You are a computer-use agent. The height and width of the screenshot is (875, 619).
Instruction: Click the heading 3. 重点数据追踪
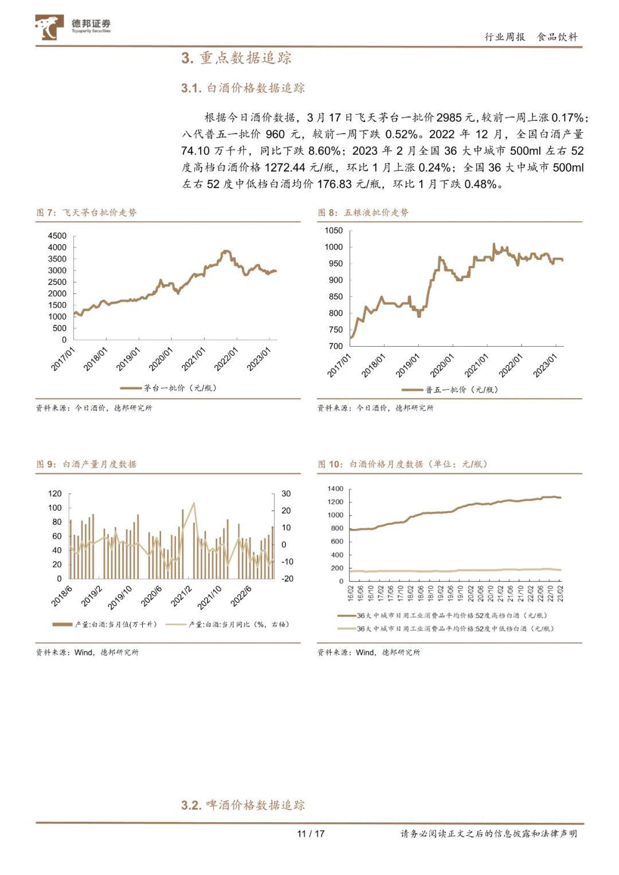pos(236,58)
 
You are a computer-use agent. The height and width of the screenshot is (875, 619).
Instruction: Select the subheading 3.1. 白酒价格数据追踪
pos(243,88)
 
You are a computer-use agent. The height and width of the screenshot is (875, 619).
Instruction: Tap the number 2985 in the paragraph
pos(448,117)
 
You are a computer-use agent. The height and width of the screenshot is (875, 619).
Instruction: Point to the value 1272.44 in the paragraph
pos(285,167)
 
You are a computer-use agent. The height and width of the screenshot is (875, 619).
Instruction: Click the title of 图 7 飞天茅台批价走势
pos(87,213)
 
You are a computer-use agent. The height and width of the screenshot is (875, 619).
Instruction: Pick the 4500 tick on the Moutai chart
pos(57,236)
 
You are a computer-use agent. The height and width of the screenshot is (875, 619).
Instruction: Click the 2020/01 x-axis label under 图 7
pos(160,359)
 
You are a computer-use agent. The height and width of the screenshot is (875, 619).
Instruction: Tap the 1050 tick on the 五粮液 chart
pos(334,230)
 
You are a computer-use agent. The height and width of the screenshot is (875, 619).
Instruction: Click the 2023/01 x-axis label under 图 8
pos(545,365)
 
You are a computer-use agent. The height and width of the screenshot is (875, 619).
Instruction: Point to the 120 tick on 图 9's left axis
pos(55,494)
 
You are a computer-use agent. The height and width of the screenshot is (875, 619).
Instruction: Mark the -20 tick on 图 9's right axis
pos(287,579)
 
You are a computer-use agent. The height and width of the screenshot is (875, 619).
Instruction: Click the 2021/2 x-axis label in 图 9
pos(182,597)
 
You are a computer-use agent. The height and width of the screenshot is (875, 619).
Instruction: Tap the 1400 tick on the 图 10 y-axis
pos(335,489)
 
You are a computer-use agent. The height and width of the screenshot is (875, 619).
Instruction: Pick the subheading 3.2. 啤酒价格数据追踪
pos(243,805)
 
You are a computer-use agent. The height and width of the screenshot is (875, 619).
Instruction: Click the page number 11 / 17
pos(311,834)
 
